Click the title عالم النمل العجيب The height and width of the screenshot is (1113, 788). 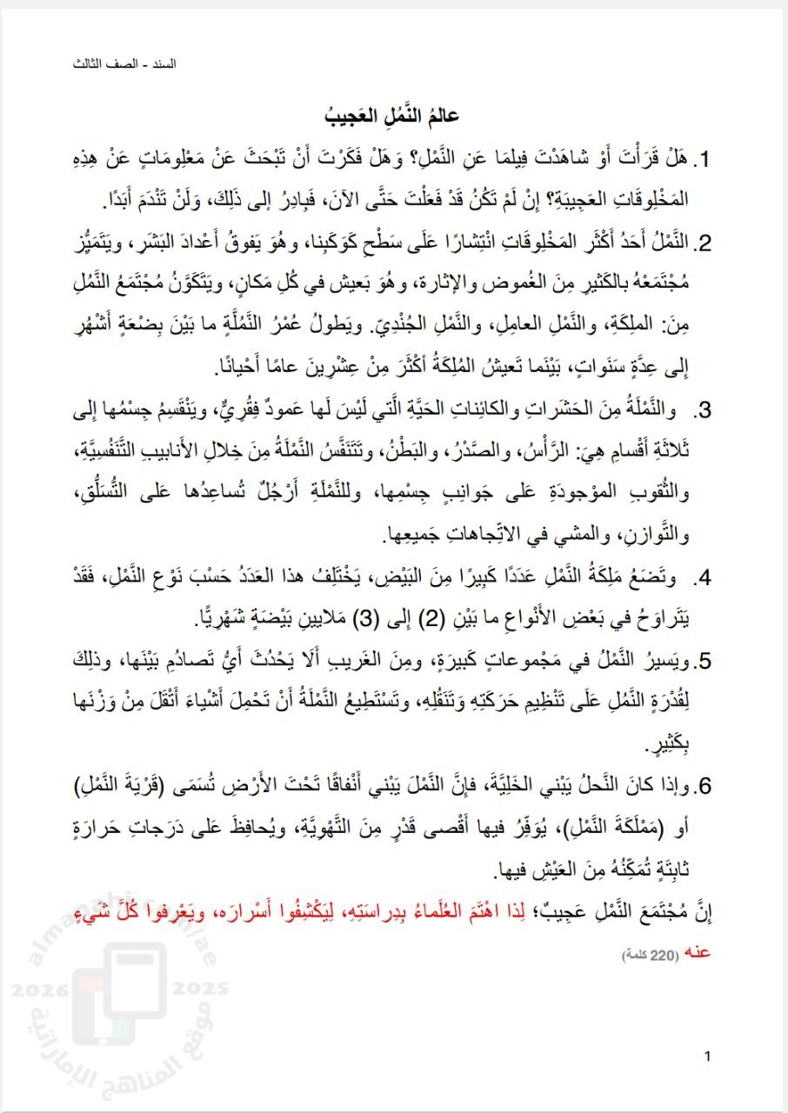click(395, 116)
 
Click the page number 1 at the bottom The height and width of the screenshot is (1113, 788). click(708, 1057)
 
